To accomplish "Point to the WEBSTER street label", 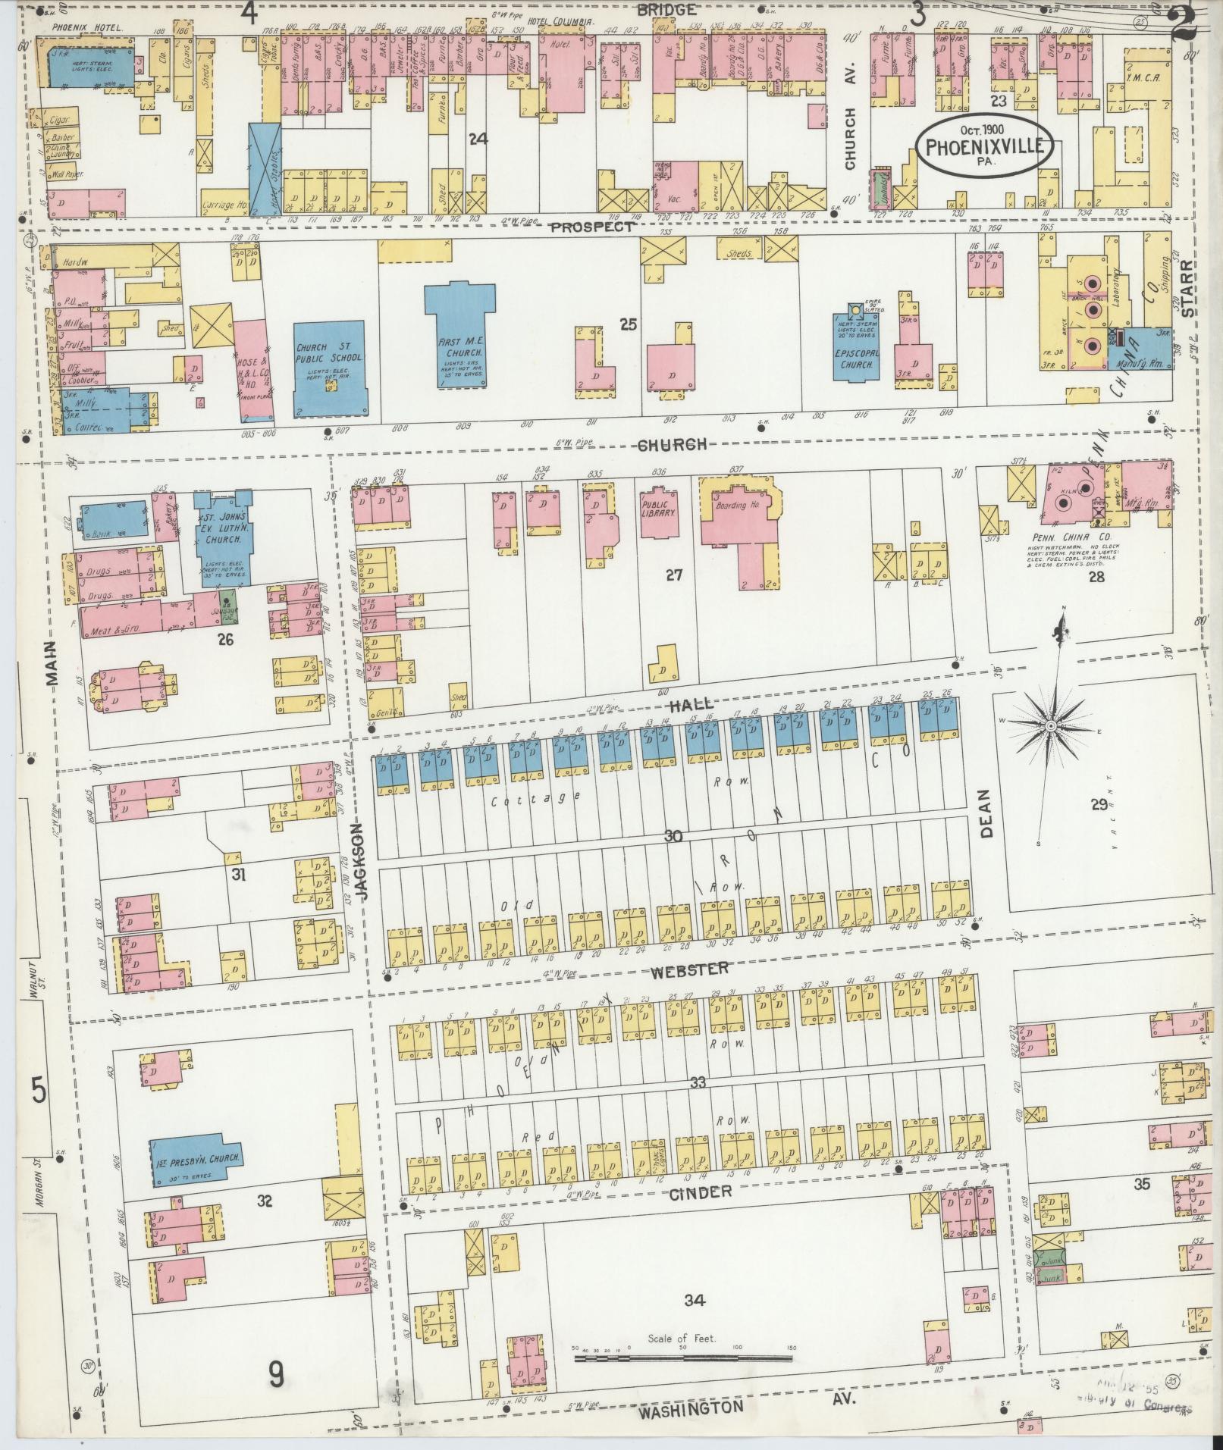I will click(x=688, y=968).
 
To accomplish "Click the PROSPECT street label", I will click(x=591, y=227).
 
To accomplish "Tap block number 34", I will click(x=694, y=1301).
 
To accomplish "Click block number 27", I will click(x=674, y=575).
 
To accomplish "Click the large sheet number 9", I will click(x=278, y=1371).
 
